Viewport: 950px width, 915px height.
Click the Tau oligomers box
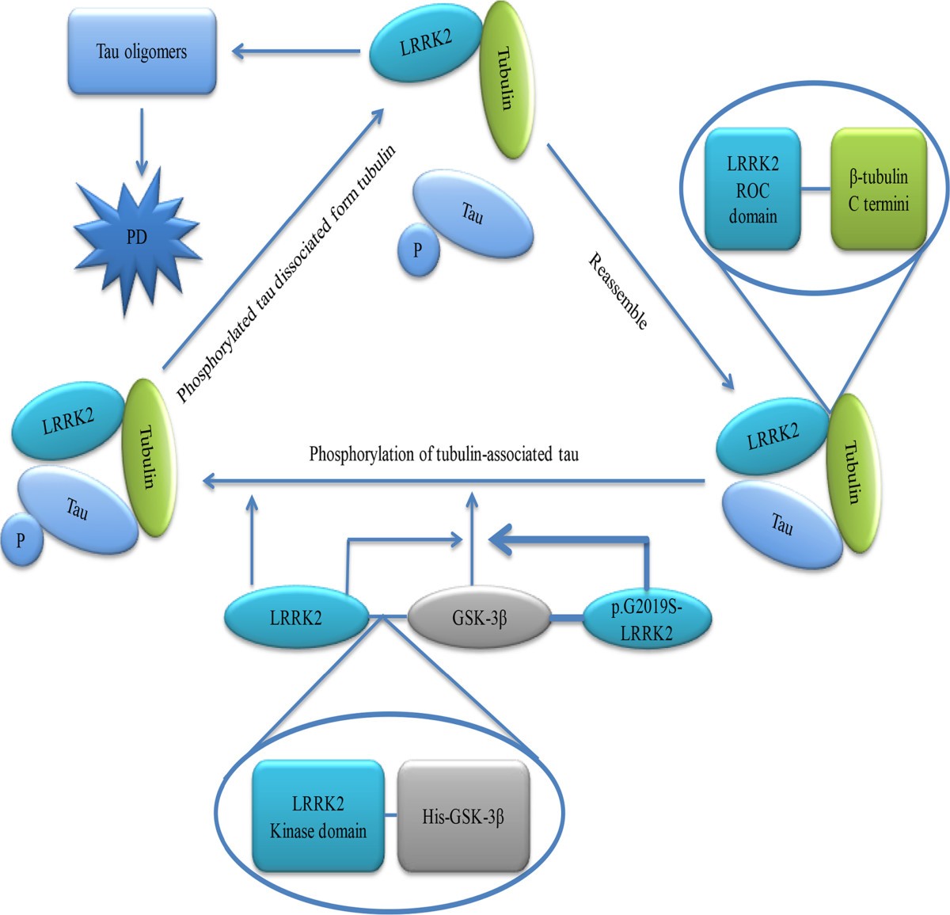[142, 52]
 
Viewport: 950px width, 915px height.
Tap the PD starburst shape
[138, 238]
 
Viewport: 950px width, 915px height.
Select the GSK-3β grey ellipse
[479, 617]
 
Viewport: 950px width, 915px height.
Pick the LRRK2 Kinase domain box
[318, 817]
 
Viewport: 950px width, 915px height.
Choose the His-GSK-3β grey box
[463, 817]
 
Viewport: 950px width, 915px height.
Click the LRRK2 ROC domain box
[752, 190]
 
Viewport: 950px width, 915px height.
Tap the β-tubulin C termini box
[878, 190]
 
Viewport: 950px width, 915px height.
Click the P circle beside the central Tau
[417, 251]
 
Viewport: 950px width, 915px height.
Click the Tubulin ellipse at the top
[505, 79]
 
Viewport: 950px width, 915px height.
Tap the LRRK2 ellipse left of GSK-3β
[296, 617]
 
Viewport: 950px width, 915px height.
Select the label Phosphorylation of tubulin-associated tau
[443, 455]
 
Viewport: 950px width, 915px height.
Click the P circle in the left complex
[21, 540]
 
